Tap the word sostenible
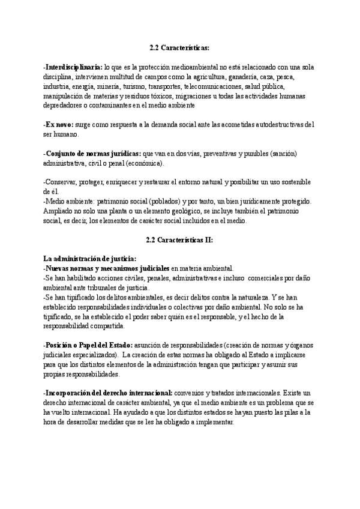point(293,182)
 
